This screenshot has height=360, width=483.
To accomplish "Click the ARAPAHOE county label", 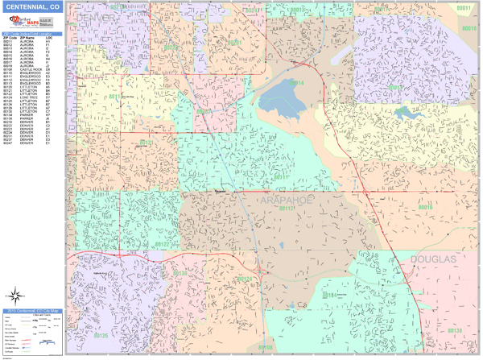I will pos(291,198).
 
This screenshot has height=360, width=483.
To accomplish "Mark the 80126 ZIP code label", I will pos(101,335).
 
